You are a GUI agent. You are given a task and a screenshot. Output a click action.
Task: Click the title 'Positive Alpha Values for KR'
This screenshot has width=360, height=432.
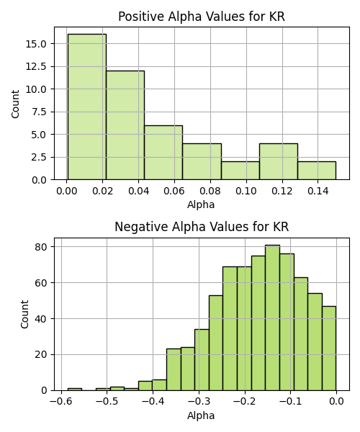[x=202, y=17]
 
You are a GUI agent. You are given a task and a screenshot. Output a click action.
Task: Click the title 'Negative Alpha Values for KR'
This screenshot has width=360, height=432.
[x=202, y=227]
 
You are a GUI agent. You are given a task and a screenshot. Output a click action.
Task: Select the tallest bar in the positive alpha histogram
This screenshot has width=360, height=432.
[x=87, y=107]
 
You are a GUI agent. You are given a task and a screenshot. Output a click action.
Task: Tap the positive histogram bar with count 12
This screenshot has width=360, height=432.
[x=125, y=125]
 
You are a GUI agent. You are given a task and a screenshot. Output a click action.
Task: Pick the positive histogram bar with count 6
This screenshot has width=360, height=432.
[x=163, y=153]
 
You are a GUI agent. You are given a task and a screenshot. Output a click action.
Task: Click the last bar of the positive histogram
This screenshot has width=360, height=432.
[x=317, y=171]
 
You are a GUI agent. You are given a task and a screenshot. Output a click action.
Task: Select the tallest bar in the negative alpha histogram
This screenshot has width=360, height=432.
[x=273, y=318]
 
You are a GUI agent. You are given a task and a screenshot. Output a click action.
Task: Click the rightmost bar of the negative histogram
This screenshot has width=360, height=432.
[x=329, y=348]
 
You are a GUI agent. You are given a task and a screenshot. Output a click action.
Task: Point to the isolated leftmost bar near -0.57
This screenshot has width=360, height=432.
[x=75, y=390]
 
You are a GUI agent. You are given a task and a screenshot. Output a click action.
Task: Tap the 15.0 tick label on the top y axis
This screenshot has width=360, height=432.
[x=36, y=44]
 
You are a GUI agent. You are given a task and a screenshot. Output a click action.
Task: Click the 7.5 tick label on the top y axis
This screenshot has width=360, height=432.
[x=39, y=112]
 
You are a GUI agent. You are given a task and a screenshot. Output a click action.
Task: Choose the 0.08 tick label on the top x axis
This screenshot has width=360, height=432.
[x=210, y=191]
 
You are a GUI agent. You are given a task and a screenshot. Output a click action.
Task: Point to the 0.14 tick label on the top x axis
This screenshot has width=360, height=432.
[x=318, y=191]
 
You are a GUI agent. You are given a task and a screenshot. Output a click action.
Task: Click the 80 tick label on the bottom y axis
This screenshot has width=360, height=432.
[x=41, y=247]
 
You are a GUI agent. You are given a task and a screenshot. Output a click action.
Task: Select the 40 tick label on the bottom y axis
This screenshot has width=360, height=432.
[x=41, y=319]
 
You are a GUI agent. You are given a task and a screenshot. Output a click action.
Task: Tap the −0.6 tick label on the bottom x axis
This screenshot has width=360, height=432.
[x=61, y=402]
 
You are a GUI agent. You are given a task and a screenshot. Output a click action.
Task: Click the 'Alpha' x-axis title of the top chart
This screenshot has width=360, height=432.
[x=201, y=204]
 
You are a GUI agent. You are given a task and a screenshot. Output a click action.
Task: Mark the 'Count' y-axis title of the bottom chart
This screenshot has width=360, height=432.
[x=24, y=314]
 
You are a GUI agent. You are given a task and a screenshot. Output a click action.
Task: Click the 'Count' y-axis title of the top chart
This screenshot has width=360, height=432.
[x=15, y=104]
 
